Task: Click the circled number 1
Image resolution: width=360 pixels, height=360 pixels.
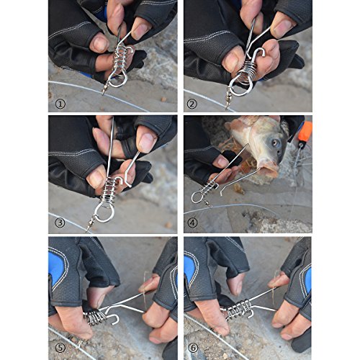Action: pyautogui.click(x=60, y=104)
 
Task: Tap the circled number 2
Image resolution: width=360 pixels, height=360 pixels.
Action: pyautogui.click(x=192, y=104)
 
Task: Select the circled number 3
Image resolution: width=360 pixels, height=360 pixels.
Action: pyautogui.click(x=60, y=222)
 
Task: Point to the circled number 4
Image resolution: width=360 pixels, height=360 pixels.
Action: pyautogui.click(x=192, y=222)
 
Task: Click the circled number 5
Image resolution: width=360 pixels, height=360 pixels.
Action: pyautogui.click(x=60, y=348)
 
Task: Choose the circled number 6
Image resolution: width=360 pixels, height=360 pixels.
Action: pyautogui.click(x=194, y=348)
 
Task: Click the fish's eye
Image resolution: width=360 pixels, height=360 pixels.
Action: pyautogui.click(x=275, y=143)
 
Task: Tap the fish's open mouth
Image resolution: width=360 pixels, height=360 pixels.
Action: pyautogui.click(x=269, y=171)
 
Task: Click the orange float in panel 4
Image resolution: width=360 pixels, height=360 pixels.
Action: pyautogui.click(x=305, y=132)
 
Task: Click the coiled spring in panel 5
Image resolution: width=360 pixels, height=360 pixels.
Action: pyautogui.click(x=95, y=317)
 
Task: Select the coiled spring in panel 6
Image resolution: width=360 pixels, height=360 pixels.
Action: pyautogui.click(x=239, y=310)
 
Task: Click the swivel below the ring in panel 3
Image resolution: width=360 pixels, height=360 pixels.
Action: pyautogui.click(x=91, y=224)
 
